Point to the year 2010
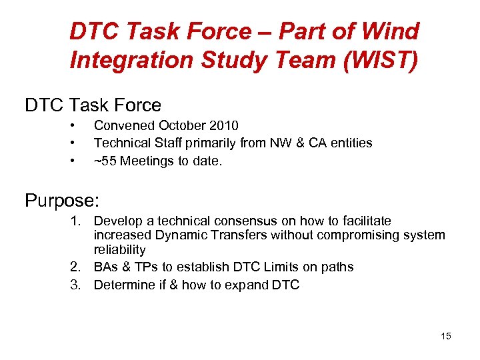click(x=223, y=125)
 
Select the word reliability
click(x=119, y=250)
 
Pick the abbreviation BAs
click(x=106, y=267)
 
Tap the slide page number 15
click(x=445, y=336)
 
